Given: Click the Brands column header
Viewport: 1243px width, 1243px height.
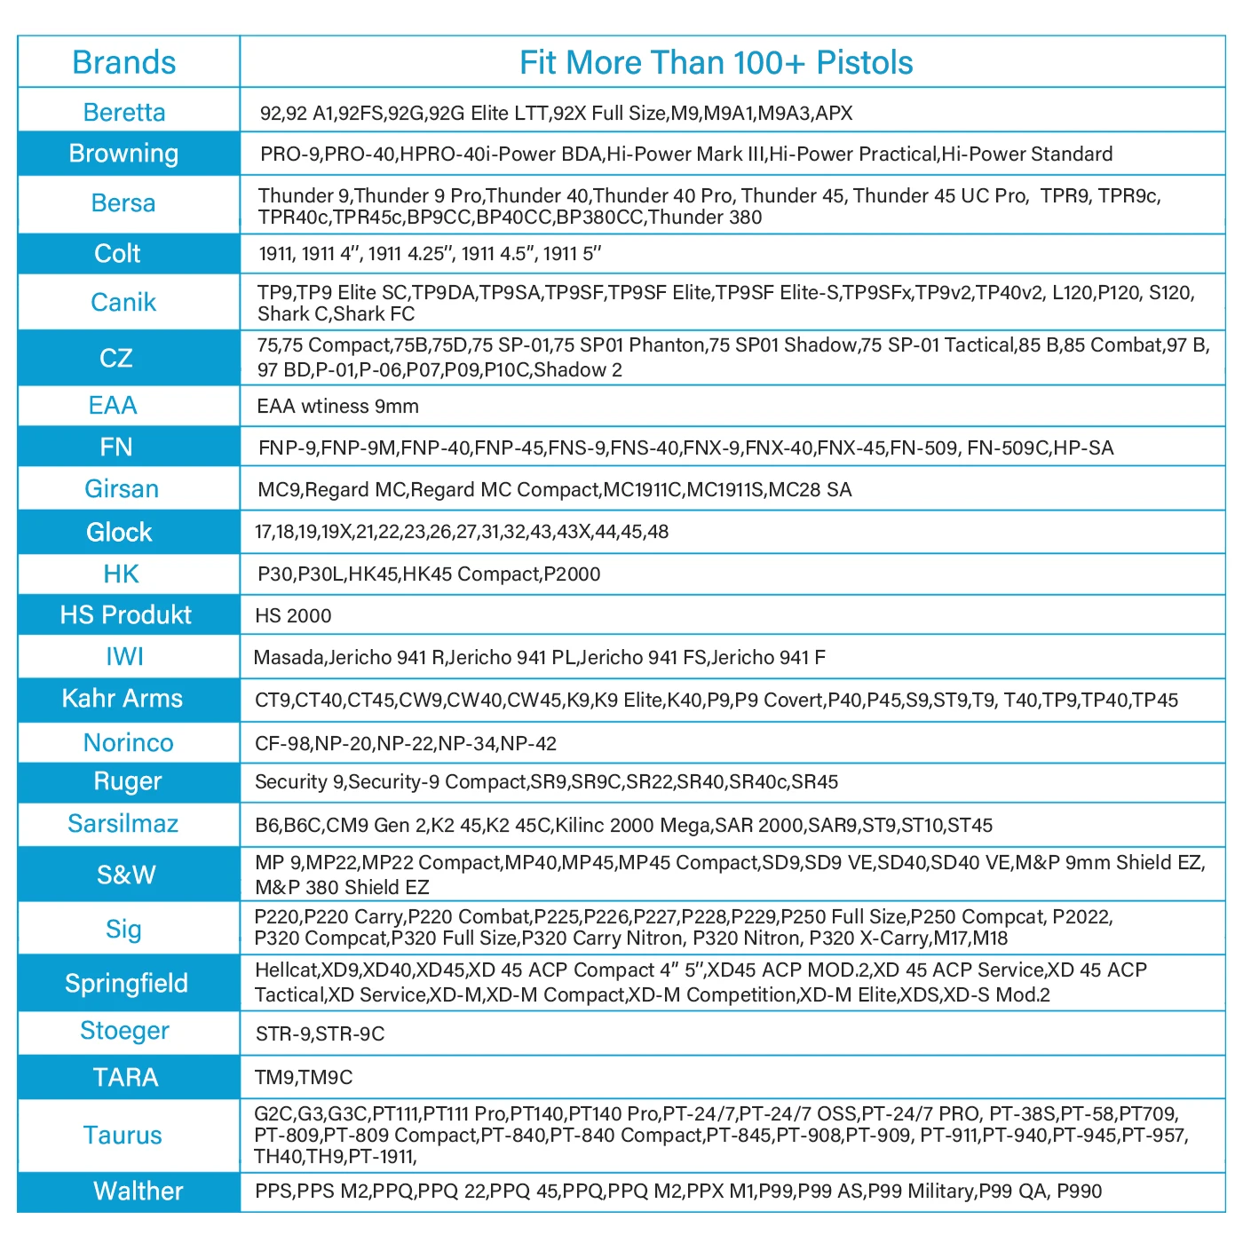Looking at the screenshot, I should click(x=124, y=63).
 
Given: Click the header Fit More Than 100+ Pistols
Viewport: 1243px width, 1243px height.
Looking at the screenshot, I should click(x=716, y=63).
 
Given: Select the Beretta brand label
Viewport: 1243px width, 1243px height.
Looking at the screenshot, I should click(x=124, y=113).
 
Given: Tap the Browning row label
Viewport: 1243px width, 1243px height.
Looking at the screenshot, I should click(x=124, y=154).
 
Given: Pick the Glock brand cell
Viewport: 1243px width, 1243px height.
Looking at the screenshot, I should click(x=119, y=533).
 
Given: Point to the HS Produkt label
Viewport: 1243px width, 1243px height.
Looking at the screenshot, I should click(x=125, y=615).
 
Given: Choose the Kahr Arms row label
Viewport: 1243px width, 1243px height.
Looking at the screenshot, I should click(x=123, y=699).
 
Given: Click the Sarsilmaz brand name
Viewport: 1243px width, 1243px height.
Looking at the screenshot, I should click(x=123, y=824).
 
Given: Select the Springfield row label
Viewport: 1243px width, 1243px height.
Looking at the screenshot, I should click(x=126, y=984).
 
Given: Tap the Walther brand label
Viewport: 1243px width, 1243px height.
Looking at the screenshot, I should click(x=138, y=1192).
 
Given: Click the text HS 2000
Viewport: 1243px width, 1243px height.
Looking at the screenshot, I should click(x=293, y=616).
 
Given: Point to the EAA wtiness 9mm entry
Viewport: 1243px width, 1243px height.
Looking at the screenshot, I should click(x=337, y=407).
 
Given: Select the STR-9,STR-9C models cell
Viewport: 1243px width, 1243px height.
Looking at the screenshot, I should click(x=320, y=1034).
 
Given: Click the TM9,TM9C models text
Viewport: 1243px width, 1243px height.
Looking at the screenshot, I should click(x=304, y=1078).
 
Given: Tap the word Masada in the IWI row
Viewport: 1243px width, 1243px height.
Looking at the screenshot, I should click(x=289, y=658).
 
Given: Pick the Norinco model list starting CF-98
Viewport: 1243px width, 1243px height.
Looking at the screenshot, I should click(x=406, y=744).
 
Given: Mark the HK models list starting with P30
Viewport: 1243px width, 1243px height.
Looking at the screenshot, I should click(x=429, y=574).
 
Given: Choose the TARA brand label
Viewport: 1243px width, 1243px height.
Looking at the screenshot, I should click(x=125, y=1078).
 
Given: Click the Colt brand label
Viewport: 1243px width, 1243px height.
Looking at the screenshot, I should click(x=117, y=254).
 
